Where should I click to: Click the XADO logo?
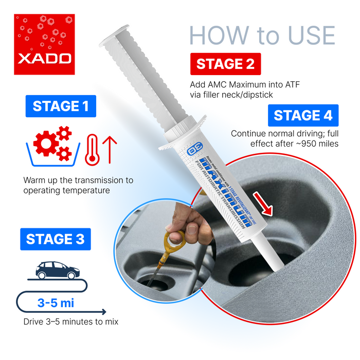click(x=44, y=44)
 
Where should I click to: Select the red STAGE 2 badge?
click(x=225, y=64)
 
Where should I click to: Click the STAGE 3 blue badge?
click(x=55, y=239)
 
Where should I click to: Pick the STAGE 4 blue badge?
click(x=303, y=115)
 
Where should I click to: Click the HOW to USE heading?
click(x=262, y=35)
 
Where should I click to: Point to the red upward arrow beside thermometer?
click(x=112, y=149)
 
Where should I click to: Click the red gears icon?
click(x=51, y=142)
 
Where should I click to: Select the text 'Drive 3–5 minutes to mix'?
click(x=70, y=322)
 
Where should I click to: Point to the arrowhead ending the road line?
click(x=104, y=311)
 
